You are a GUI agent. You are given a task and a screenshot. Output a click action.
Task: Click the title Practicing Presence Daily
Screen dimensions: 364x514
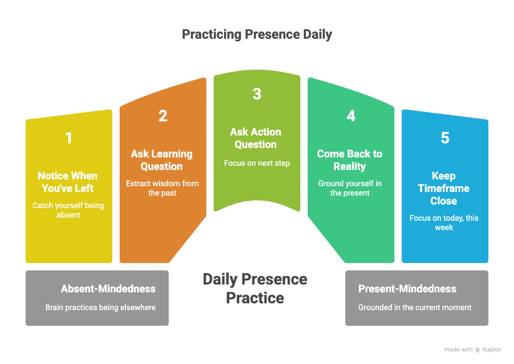(256, 35)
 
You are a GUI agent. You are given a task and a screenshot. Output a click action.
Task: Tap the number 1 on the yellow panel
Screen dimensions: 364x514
(68, 138)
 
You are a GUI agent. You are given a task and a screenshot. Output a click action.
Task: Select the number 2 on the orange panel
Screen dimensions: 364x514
(162, 116)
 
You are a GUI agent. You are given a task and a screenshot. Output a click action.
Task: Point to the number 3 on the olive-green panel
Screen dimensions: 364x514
(256, 94)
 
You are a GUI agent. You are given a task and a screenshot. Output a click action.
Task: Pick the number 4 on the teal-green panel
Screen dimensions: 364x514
(351, 116)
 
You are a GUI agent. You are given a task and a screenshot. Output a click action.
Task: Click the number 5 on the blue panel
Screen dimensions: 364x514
(445, 138)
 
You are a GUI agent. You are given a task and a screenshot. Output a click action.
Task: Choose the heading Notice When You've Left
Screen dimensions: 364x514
(68, 182)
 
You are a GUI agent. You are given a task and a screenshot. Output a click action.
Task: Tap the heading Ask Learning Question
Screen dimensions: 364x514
(161, 160)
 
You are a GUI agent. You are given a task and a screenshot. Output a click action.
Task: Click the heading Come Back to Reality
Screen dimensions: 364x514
(349, 160)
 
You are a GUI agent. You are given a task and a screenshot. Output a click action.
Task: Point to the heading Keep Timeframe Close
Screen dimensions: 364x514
(443, 188)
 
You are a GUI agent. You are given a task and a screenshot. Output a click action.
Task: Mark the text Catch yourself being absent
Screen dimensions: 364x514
(68, 210)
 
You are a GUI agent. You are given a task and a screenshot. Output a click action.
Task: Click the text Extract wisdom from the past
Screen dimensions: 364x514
(162, 188)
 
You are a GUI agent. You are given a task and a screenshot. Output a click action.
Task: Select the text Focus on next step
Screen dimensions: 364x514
(256, 163)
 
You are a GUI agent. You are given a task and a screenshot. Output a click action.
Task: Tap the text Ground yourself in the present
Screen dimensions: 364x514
(349, 188)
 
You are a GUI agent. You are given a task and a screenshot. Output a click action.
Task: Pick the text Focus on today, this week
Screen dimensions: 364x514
(443, 223)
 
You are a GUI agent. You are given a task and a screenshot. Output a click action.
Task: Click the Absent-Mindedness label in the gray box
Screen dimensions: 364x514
(108, 289)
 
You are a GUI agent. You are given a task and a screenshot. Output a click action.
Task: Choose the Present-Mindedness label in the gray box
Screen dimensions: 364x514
(407, 289)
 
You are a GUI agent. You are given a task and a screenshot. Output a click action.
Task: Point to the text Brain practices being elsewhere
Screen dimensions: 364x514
(100, 308)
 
